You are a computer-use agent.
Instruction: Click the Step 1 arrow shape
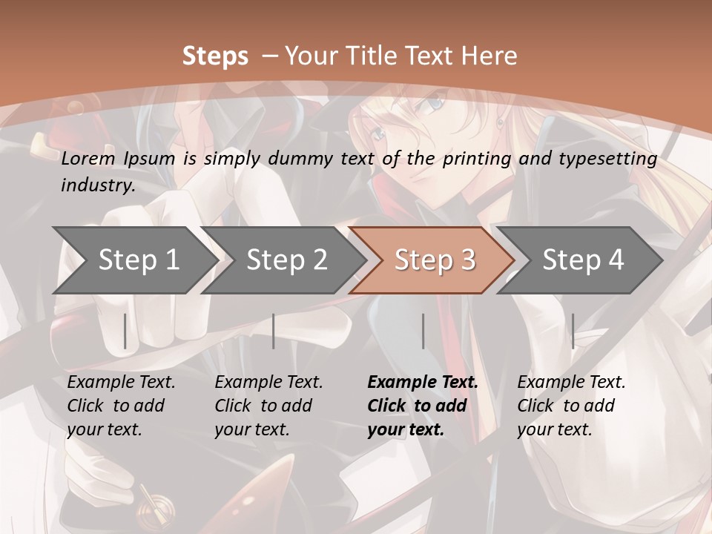[x=133, y=260]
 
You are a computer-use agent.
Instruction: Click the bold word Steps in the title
[x=215, y=56]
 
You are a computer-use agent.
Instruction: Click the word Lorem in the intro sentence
[x=88, y=158]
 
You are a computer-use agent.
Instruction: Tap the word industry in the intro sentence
[x=97, y=185]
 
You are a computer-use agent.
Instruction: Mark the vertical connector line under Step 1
[x=125, y=331]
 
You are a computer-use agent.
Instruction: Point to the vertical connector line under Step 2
[x=274, y=331]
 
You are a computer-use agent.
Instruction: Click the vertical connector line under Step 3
[x=423, y=331]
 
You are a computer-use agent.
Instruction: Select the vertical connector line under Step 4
[x=573, y=331]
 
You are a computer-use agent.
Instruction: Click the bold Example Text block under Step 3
[x=423, y=406]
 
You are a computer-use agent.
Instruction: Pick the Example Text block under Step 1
[x=121, y=406]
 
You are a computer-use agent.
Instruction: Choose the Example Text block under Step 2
[x=268, y=406]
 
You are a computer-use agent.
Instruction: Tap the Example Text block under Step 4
[x=571, y=406]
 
